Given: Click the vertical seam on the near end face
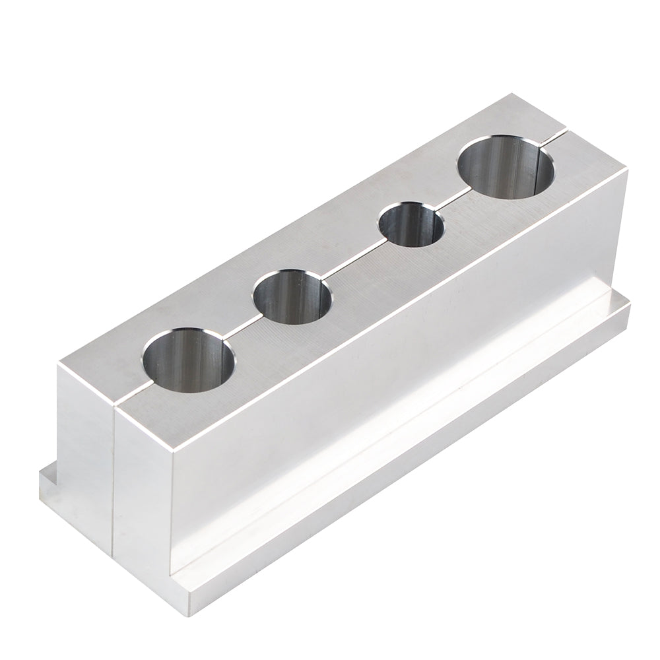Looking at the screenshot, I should click(115, 482).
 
